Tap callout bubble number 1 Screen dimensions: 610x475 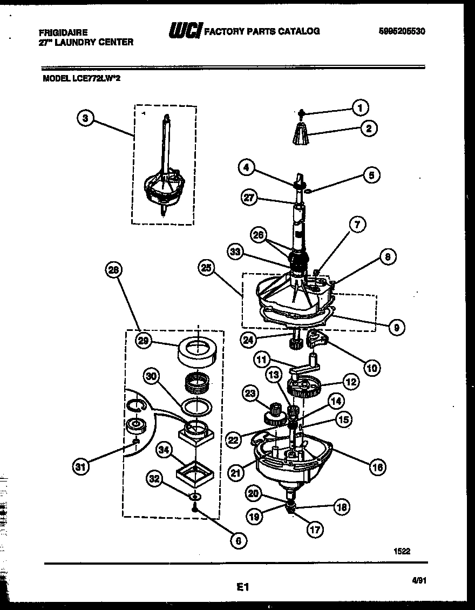point(359,107)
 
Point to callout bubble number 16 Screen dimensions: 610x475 point(377,466)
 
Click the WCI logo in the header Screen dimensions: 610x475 point(185,31)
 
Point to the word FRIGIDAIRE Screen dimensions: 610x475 point(63,32)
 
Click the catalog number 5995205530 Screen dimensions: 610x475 point(402,31)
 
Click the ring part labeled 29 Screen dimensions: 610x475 point(198,351)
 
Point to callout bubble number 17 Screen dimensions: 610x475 point(314,530)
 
